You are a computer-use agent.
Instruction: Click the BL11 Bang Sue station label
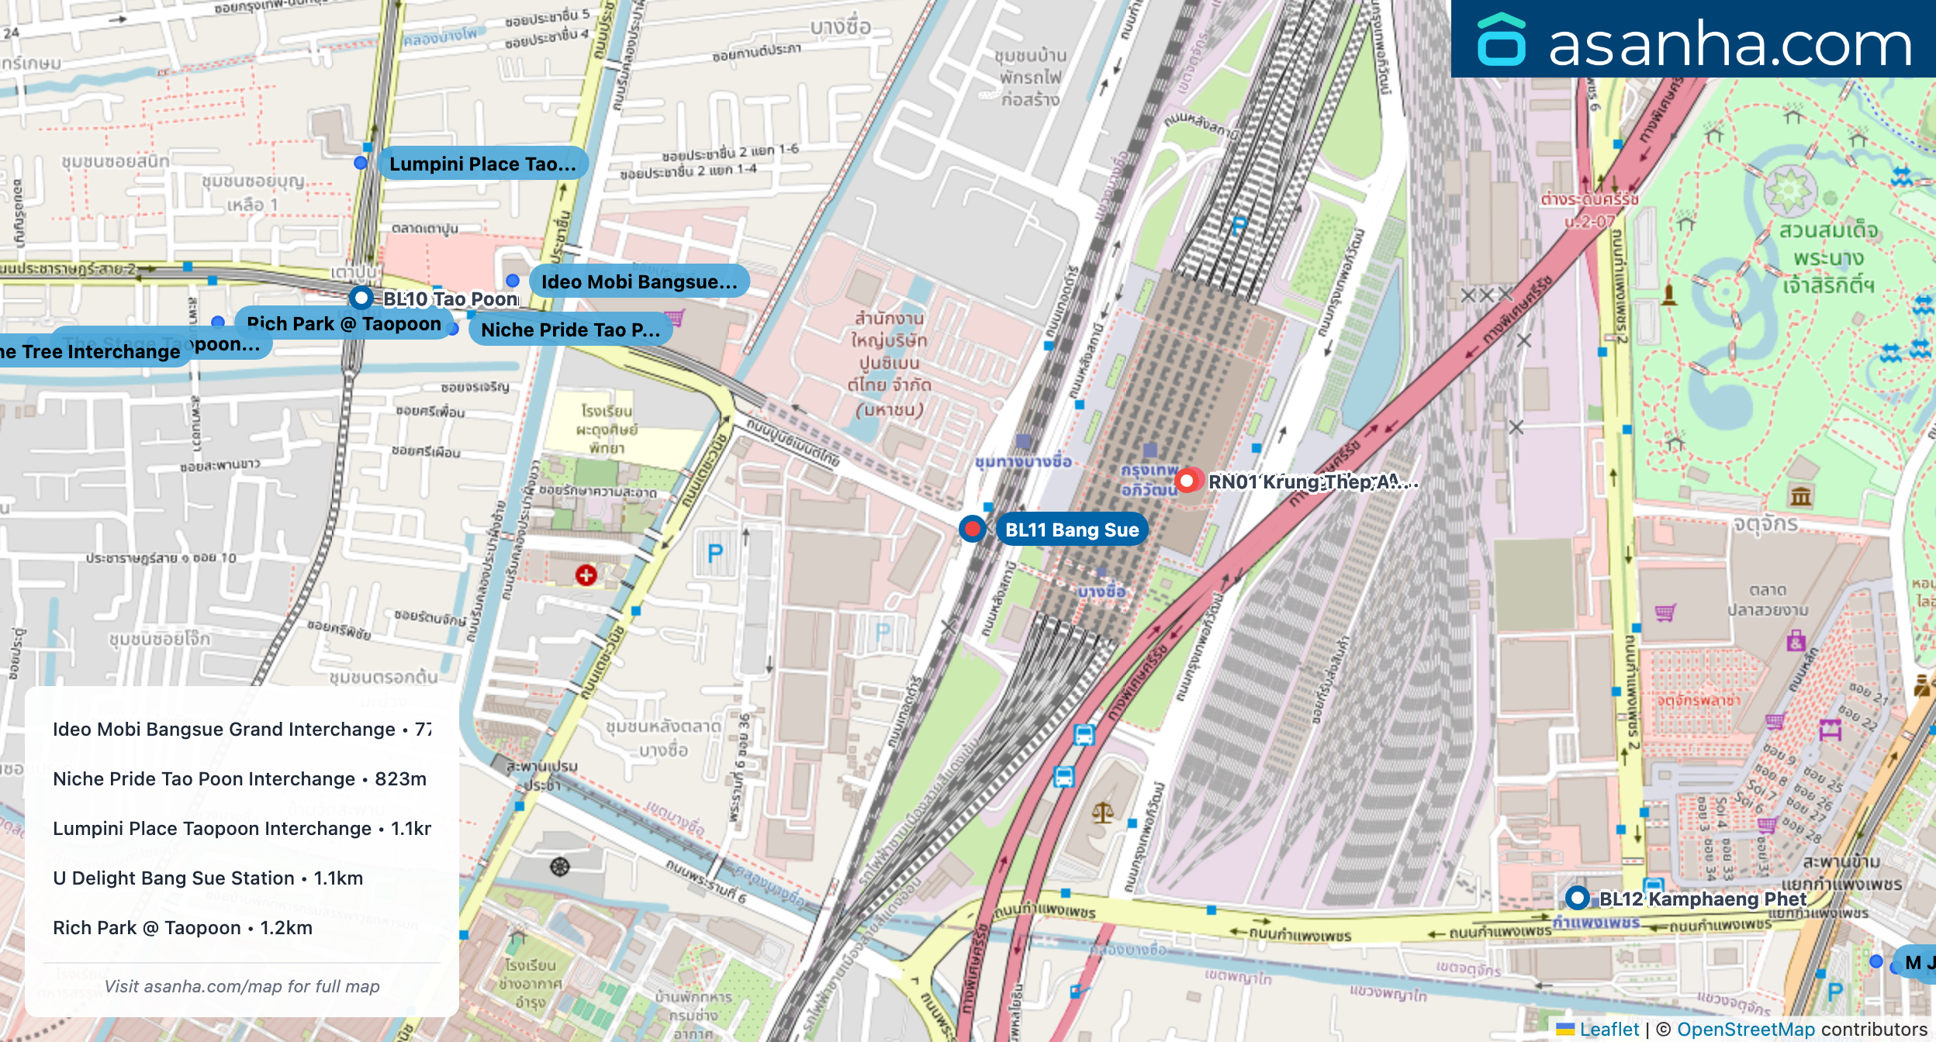tap(1071, 530)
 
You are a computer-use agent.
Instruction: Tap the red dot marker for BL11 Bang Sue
tap(972, 529)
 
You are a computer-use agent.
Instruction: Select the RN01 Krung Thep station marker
tap(1187, 481)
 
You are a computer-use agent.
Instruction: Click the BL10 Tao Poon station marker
tap(361, 298)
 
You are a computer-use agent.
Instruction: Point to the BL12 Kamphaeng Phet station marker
tap(1577, 898)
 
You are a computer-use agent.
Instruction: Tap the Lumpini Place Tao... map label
tap(482, 164)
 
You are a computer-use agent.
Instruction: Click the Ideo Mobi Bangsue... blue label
tap(638, 281)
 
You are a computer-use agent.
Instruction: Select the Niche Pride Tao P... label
tap(570, 330)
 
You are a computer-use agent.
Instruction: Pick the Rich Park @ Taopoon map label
tap(344, 323)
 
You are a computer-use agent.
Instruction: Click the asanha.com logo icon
tap(1501, 40)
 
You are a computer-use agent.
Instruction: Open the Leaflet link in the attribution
tap(1609, 1029)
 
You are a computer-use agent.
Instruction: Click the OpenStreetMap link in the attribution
tap(1745, 1029)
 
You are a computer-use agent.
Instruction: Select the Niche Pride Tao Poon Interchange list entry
tap(240, 778)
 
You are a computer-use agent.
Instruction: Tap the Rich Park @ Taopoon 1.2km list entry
tap(183, 927)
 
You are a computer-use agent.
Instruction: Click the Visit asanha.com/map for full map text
tap(242, 986)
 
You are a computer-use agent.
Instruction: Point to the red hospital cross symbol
tap(586, 574)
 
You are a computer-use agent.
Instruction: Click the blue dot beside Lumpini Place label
tap(361, 163)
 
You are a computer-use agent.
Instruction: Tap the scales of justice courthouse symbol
tap(1102, 813)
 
